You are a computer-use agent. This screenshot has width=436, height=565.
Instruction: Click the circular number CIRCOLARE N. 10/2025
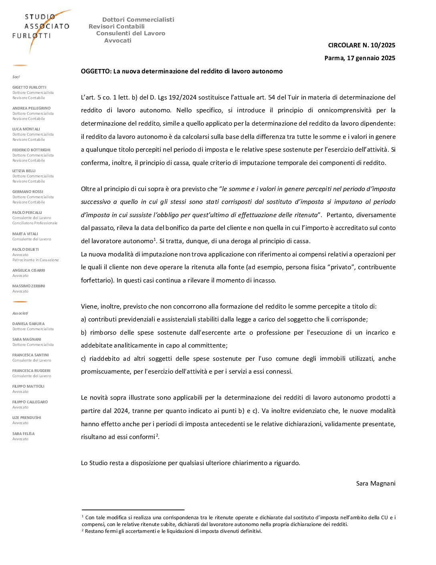click(361, 45)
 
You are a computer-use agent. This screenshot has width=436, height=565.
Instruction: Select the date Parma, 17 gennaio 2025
click(359, 58)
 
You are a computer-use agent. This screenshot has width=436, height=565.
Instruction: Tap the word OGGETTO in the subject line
click(96, 71)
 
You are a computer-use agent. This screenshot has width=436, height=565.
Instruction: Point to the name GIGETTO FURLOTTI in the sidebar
click(29, 87)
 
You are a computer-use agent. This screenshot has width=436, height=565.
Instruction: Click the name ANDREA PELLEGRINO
click(31, 108)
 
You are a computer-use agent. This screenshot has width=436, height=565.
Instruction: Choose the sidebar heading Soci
click(16, 77)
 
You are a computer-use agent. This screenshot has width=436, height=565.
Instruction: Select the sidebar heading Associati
click(20, 313)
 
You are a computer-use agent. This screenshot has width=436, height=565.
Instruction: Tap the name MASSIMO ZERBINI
click(28, 286)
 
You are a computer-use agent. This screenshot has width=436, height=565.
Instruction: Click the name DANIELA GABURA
click(28, 324)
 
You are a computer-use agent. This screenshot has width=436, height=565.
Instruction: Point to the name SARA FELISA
click(23, 434)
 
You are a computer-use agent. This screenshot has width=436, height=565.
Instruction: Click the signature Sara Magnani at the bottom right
click(375, 484)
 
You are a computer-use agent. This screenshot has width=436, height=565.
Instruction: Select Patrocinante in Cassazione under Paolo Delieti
click(35, 260)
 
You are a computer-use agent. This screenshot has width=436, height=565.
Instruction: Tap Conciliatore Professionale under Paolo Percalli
click(35, 223)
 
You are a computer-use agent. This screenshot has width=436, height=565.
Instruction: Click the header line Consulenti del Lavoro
click(131, 34)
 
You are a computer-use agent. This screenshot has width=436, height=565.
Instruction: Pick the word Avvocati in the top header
click(118, 41)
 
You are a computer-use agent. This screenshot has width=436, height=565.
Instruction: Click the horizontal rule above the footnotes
click(133, 510)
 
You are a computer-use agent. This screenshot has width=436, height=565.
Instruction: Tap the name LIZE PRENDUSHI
click(26, 418)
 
